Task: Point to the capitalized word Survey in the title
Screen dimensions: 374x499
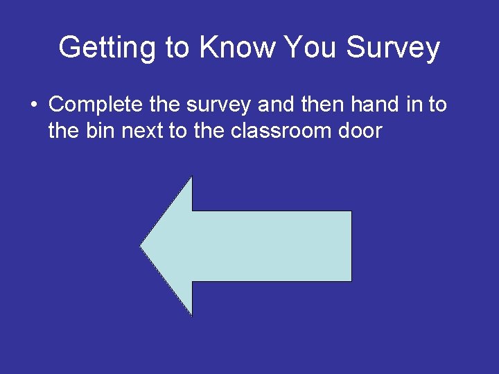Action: pos(393,48)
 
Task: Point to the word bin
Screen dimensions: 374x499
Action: pos(103,130)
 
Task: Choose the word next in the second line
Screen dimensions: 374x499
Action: pos(143,130)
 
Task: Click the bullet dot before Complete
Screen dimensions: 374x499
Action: pos(33,106)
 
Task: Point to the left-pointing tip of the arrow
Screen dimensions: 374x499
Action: pos(141,246)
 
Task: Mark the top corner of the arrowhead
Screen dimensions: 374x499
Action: pos(191,177)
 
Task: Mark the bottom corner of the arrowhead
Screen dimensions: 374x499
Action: pos(191,315)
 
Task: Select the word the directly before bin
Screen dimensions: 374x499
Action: pos(64,130)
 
